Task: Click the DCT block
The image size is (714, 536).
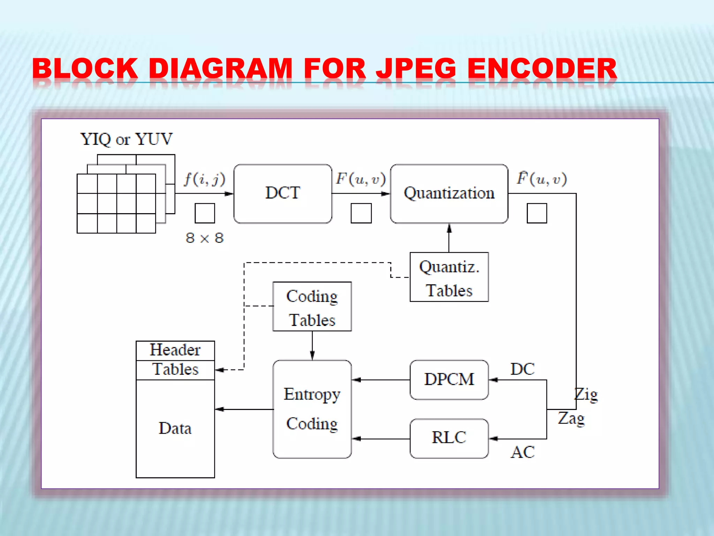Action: click(282, 194)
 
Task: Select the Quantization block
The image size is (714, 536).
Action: click(449, 194)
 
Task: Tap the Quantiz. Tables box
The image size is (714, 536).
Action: click(449, 277)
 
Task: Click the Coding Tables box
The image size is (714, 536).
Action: click(312, 306)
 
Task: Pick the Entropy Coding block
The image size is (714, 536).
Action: click(312, 409)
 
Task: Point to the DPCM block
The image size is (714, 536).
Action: click(449, 380)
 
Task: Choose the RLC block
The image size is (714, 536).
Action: click(449, 438)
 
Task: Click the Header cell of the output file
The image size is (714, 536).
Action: click(175, 350)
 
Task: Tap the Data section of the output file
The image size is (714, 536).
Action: click(175, 429)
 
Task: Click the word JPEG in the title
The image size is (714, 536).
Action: click(416, 68)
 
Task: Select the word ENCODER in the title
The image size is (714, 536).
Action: click(542, 68)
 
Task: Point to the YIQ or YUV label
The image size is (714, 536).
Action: click(126, 139)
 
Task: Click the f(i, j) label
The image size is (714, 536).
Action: click(205, 179)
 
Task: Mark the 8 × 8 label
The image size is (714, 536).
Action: click(205, 238)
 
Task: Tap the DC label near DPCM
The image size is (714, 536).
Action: click(522, 369)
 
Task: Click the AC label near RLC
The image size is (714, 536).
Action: click(522, 452)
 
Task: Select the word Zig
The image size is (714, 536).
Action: click(586, 395)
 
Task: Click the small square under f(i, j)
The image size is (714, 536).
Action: click(205, 213)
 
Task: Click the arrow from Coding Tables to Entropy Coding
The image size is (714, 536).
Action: click(312, 345)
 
